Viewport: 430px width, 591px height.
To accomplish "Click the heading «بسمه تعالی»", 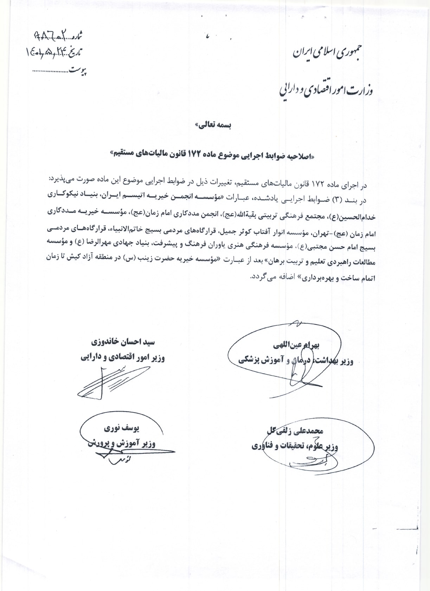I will pyautogui.click(x=213, y=125).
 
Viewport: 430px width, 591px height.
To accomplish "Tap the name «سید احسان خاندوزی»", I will pyautogui.click(x=123, y=342).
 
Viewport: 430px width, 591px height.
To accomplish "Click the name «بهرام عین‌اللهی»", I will pyautogui.click(x=296, y=346).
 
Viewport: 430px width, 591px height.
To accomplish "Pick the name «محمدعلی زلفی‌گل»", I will pyautogui.click(x=295, y=431).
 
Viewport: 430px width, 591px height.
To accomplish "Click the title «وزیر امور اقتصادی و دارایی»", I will pyautogui.click(x=122, y=357).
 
